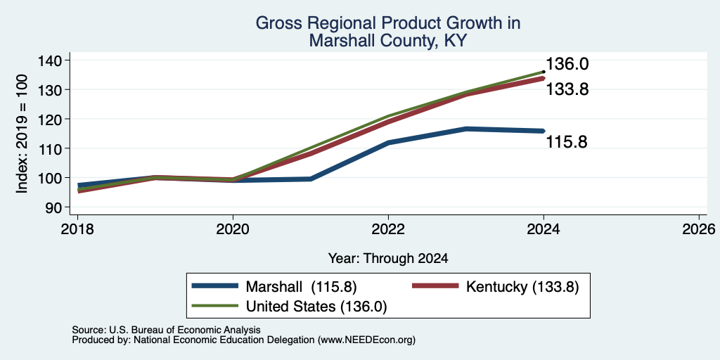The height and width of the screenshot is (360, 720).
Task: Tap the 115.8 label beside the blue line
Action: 567,142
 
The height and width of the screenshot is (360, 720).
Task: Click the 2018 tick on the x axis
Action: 77,229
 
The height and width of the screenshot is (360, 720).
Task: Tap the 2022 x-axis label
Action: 388,229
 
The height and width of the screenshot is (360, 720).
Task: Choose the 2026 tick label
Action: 700,229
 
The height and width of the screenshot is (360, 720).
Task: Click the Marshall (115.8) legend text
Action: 301,287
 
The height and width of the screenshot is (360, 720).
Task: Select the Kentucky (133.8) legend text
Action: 522,287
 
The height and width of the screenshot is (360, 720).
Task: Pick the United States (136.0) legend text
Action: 316,307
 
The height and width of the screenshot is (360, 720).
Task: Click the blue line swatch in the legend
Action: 215,286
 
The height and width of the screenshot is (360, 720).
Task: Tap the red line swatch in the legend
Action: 435,286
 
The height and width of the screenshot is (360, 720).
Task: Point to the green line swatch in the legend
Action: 215,306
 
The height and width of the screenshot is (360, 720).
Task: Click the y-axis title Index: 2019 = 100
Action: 22,134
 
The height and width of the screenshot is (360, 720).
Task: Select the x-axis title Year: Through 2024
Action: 388,259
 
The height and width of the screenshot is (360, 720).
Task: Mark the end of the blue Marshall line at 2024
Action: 544,131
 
